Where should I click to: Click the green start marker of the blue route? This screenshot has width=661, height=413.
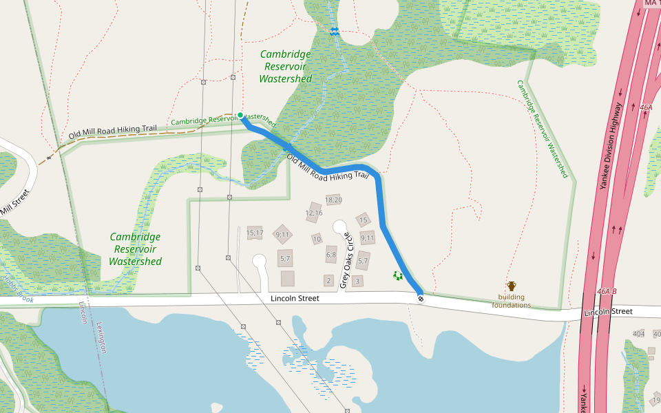(240, 115)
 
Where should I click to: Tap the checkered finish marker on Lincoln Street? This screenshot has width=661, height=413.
(421, 298)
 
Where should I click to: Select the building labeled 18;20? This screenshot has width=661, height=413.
(334, 200)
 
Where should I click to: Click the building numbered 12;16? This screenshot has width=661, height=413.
(314, 213)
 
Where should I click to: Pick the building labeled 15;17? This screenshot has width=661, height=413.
(255, 233)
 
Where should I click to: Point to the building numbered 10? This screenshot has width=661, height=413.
(317, 239)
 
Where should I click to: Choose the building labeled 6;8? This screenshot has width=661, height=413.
(331, 255)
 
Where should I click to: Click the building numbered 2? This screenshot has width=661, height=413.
(328, 280)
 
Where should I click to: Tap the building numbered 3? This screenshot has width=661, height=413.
(357, 280)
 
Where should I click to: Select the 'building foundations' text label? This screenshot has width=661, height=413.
(512, 301)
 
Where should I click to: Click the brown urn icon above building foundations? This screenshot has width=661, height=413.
(512, 286)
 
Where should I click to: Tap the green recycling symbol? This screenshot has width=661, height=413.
(397, 276)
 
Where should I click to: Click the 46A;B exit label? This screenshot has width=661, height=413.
(607, 291)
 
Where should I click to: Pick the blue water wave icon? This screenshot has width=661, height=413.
(335, 31)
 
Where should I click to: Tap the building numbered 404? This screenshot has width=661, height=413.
(639, 333)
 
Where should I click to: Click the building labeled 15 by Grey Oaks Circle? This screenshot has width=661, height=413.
(364, 220)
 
